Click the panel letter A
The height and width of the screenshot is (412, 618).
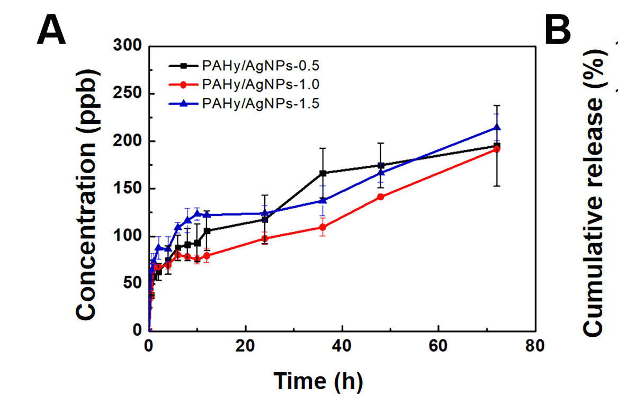[51, 31]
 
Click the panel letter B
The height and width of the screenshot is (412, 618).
[558, 31]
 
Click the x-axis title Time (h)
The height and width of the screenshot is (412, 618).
[318, 381]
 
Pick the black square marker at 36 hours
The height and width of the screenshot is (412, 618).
[323, 173]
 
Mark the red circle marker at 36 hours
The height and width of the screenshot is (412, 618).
[323, 227]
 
